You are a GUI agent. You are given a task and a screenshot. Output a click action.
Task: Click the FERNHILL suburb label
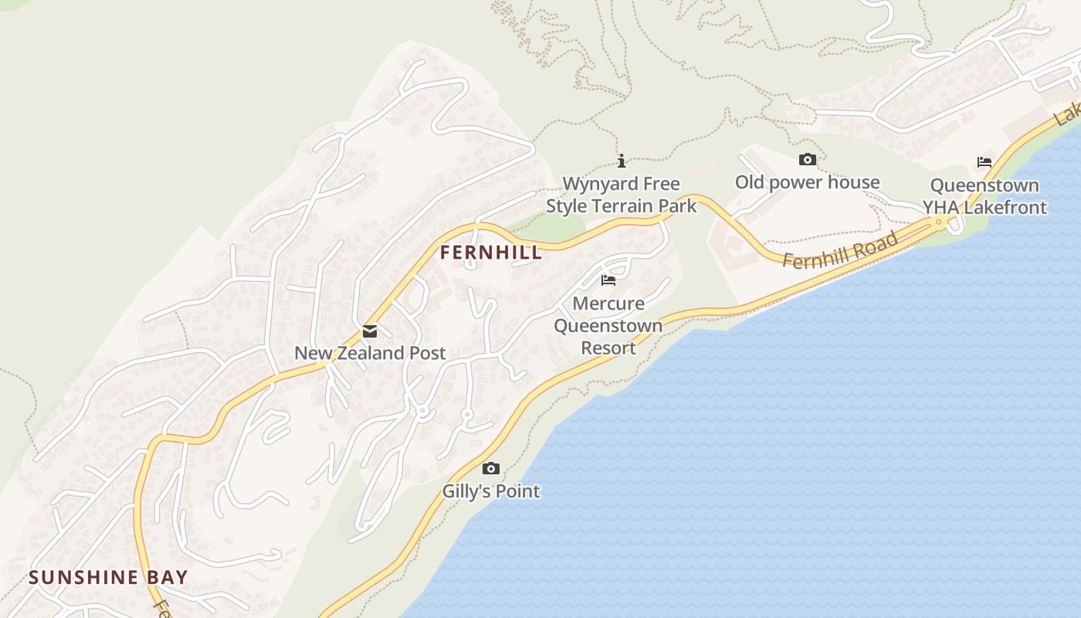coord(491,253)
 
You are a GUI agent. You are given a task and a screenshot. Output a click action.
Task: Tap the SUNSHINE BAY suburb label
coord(108,577)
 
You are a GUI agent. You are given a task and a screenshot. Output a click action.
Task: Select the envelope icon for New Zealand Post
coord(370,332)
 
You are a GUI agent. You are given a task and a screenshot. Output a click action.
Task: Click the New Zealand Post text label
coord(370,353)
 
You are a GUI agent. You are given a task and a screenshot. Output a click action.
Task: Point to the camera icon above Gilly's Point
coord(490,468)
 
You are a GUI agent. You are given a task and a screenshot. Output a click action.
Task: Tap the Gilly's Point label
coord(491,491)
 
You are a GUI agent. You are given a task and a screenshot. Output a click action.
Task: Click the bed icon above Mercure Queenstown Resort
coord(608,280)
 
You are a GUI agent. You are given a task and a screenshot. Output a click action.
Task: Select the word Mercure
coord(608,303)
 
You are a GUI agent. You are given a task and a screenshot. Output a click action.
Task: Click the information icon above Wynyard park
coord(621,161)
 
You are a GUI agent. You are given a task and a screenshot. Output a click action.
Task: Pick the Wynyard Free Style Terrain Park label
coord(621,195)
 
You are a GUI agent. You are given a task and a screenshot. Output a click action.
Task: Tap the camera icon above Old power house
coord(807,159)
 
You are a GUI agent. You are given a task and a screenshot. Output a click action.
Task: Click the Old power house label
coord(807,182)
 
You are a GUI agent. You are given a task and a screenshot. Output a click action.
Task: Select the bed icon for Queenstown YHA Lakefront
coord(984,162)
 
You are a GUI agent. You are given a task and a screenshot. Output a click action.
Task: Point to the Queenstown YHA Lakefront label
coord(984,196)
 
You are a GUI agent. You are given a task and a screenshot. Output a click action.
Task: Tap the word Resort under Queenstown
coord(608,348)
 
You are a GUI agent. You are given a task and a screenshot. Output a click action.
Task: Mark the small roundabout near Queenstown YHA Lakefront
coord(939,222)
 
